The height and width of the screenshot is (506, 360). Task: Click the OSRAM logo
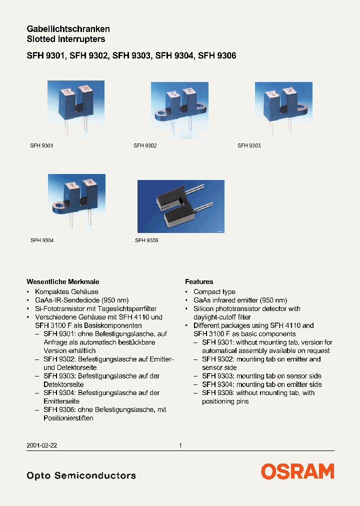(x=297, y=471)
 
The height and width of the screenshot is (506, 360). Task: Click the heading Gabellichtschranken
(x=68, y=29)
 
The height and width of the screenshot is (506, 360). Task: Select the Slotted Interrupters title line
(x=65, y=39)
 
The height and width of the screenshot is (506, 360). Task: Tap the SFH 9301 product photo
(x=75, y=108)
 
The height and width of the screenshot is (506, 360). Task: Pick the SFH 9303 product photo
(x=283, y=109)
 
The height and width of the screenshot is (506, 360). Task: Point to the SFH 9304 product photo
(x=76, y=201)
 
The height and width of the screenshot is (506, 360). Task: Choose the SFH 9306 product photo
(x=180, y=206)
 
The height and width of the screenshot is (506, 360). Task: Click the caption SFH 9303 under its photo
(x=249, y=145)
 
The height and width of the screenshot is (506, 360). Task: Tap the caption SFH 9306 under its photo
(x=146, y=240)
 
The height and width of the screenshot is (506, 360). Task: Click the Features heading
(x=199, y=281)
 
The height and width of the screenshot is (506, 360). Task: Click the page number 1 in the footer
(x=180, y=445)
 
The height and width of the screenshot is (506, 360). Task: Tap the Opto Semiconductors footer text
(x=81, y=475)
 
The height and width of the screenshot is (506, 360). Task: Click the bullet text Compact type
(x=214, y=292)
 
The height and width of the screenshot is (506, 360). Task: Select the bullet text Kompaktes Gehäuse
(x=66, y=292)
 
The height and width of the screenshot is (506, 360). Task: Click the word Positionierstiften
(x=68, y=418)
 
